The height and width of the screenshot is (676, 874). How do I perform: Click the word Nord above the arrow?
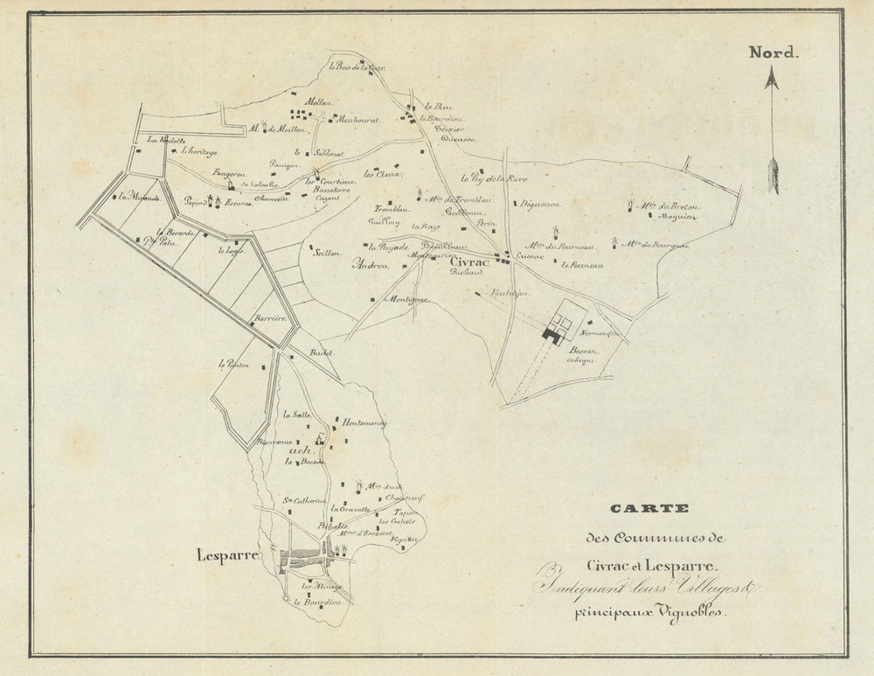click(773, 52)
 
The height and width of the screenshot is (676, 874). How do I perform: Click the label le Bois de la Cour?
click(357, 66)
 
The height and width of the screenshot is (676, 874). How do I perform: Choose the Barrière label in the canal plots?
click(268, 319)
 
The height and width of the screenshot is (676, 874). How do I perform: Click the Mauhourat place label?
click(358, 120)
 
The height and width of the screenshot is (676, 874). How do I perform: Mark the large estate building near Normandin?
click(554, 332)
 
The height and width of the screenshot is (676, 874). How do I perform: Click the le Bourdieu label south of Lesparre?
click(316, 603)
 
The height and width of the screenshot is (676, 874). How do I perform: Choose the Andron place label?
click(370, 265)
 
